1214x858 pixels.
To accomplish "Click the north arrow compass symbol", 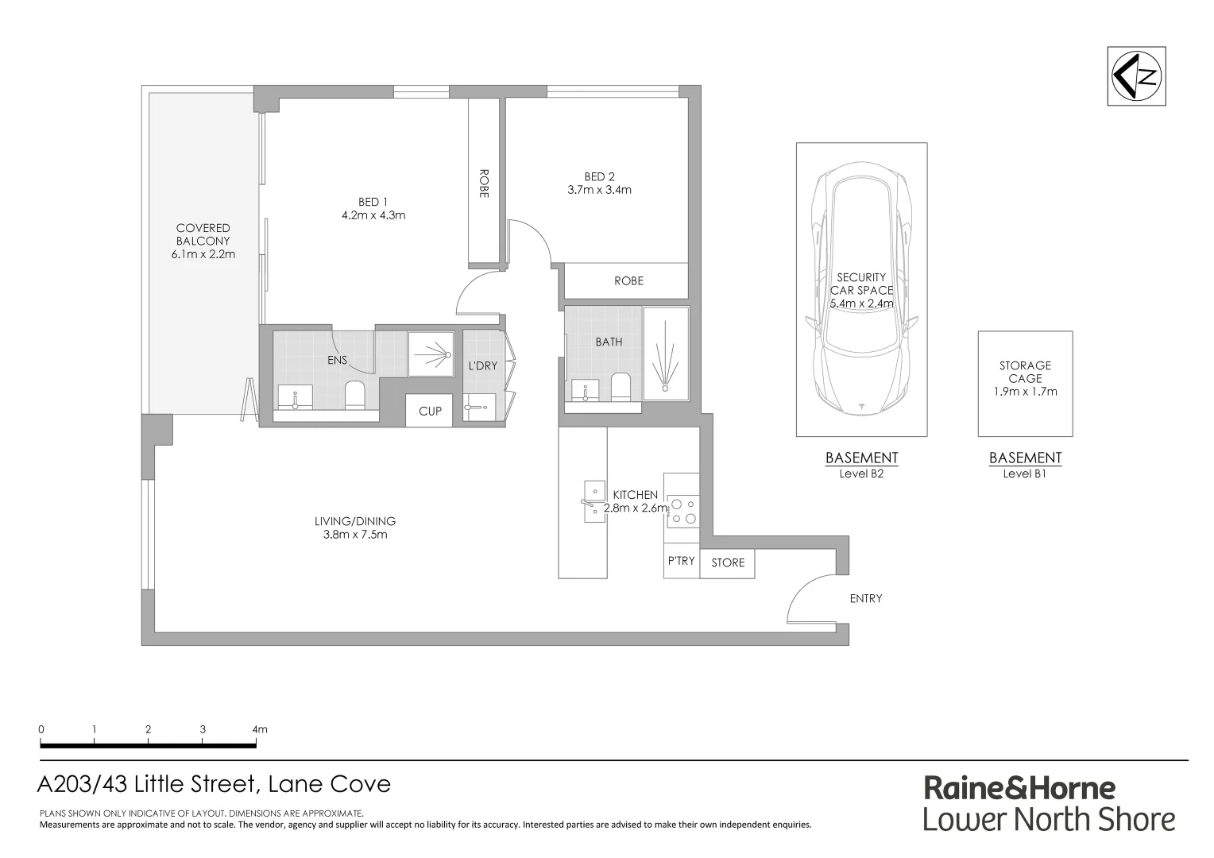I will point(1136,76).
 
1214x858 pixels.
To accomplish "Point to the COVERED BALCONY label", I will point(203,234).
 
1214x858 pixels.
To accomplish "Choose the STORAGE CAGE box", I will point(1025,384).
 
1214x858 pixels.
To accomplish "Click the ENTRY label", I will point(865,598).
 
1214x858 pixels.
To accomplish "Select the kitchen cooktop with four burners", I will point(682,511).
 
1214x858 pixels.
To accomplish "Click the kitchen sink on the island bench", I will point(593,501).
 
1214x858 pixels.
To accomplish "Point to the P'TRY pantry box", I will point(681,562).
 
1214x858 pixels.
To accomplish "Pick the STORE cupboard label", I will point(728,562).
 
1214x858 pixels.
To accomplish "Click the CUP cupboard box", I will point(430,411).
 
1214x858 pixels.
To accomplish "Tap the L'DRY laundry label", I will point(482,366).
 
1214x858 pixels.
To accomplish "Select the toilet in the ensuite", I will point(354,395).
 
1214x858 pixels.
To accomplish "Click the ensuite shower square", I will point(430,354).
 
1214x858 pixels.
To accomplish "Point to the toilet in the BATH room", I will point(621,387).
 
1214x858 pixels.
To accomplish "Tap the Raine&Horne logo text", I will point(1019,788).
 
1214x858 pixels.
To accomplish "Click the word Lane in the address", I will point(294,784).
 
